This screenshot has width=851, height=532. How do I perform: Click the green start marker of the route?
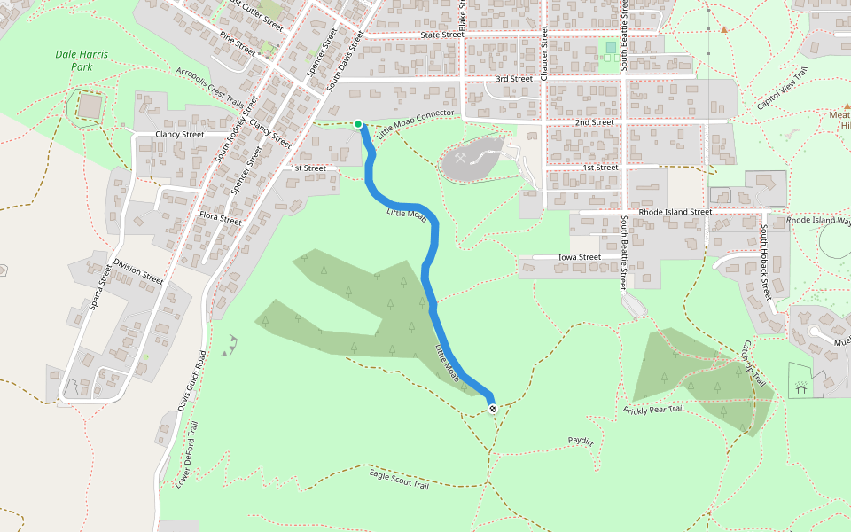(358, 124)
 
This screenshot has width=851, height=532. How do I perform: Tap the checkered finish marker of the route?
(492, 408)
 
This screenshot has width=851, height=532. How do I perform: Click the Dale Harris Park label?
(82, 60)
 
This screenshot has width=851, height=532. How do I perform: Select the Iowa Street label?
(579, 257)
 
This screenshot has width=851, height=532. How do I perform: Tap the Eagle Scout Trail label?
(399, 480)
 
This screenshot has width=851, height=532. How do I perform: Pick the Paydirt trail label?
(581, 440)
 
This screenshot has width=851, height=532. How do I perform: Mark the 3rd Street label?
(514, 79)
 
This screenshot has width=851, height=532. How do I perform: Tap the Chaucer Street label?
(544, 57)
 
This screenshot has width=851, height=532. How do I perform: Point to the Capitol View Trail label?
(783, 90)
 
